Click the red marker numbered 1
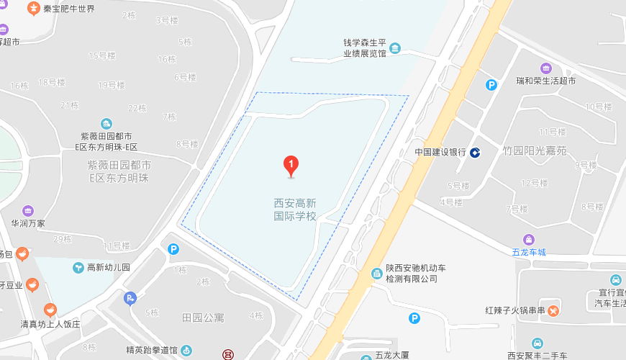[x=291, y=166]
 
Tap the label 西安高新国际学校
[x=295, y=209]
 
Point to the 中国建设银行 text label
[x=441, y=153]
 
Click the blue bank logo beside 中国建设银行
[x=476, y=153]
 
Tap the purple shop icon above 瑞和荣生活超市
[x=546, y=68]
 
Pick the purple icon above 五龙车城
[x=529, y=239]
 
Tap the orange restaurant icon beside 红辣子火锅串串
[x=553, y=311]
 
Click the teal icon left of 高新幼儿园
[x=78, y=268]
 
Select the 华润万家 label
[x=28, y=223]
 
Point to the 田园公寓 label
[x=203, y=317]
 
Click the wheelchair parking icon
[x=130, y=298]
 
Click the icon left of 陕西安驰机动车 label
[x=376, y=273]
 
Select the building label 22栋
[x=137, y=108]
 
